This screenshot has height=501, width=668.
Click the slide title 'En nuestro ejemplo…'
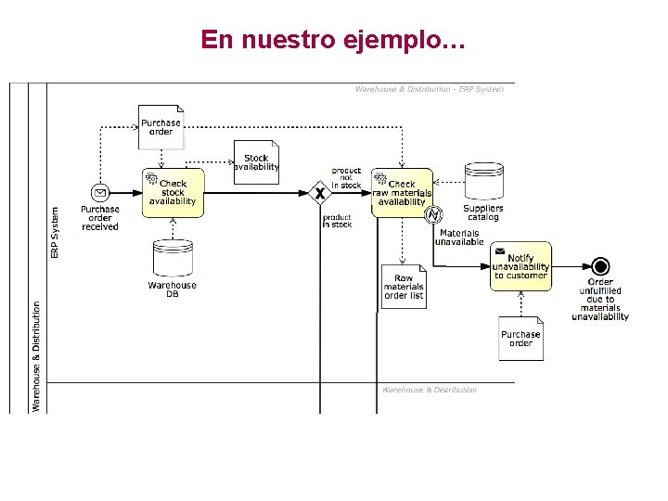tap(333, 40)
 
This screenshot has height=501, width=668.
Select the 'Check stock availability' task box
tap(173, 193)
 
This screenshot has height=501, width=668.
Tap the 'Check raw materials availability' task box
tap(402, 193)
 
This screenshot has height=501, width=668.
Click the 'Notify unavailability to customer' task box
tap(520, 266)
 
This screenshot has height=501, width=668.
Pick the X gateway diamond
tap(320, 194)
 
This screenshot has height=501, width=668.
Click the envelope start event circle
tap(99, 193)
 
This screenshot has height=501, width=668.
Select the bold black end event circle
tap(600, 266)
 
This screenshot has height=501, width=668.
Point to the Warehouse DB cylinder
tap(173, 259)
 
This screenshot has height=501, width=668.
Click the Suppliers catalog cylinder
tap(482, 182)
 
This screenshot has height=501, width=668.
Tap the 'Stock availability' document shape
tap(256, 162)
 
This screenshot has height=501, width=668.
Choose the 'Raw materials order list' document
tap(404, 287)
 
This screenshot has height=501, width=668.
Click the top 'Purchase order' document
tap(161, 127)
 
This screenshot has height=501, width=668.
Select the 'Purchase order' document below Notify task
tap(520, 339)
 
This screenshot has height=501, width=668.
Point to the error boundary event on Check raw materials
tap(432, 215)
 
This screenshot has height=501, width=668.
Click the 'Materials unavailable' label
tap(460, 238)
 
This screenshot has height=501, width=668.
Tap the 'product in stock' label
tap(337, 221)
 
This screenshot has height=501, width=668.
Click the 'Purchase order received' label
tap(100, 218)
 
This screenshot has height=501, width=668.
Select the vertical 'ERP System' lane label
tap(55, 232)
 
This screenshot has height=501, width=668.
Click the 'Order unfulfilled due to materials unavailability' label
tap(600, 299)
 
